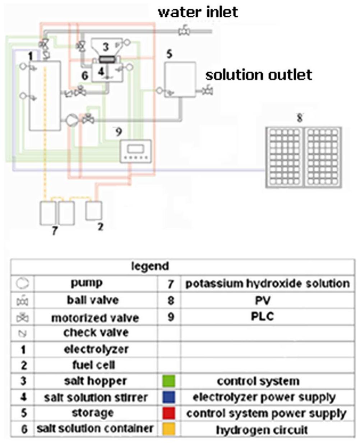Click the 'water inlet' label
[198, 12]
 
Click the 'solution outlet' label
[258, 75]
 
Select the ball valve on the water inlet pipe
[184, 32]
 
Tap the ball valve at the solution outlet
[207, 91]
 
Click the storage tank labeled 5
[180, 80]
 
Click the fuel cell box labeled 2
[94, 211]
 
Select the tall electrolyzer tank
[45, 95]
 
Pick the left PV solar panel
[284, 157]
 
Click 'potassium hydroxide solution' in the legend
[267, 284]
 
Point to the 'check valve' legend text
[96, 333]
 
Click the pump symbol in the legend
[23, 284]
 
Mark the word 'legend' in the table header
[150, 266]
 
